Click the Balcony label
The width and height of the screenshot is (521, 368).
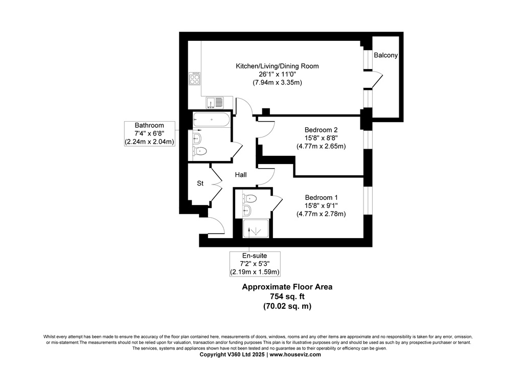pos(386,55)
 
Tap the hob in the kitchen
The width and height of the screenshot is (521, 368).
pos(195,78)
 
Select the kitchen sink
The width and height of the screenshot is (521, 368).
pos(215,102)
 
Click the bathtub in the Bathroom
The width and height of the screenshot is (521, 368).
pos(211,120)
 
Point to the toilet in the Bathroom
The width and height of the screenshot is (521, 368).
pos(200,151)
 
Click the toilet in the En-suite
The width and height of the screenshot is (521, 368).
pos(250,199)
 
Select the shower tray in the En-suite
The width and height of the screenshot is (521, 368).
pos(256,228)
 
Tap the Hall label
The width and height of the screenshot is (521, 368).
pos(241,175)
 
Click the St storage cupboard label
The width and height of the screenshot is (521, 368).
pos(200,183)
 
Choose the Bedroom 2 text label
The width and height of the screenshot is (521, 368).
pos(321,130)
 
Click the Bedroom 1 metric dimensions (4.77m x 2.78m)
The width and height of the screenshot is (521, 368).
pos(321,214)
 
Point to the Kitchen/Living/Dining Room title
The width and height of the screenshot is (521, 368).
pos(277,66)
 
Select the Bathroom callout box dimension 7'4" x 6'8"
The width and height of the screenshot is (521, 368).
pos(149,133)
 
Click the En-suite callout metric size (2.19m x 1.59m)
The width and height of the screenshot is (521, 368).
pos(255,272)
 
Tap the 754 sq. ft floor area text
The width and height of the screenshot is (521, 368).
pos(287,296)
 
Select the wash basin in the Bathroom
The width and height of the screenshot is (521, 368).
pos(197,137)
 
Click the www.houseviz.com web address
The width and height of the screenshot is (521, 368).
pos(295,355)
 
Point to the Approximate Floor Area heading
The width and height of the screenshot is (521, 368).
pos(287,287)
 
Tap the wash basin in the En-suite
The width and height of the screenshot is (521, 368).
pos(246,210)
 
